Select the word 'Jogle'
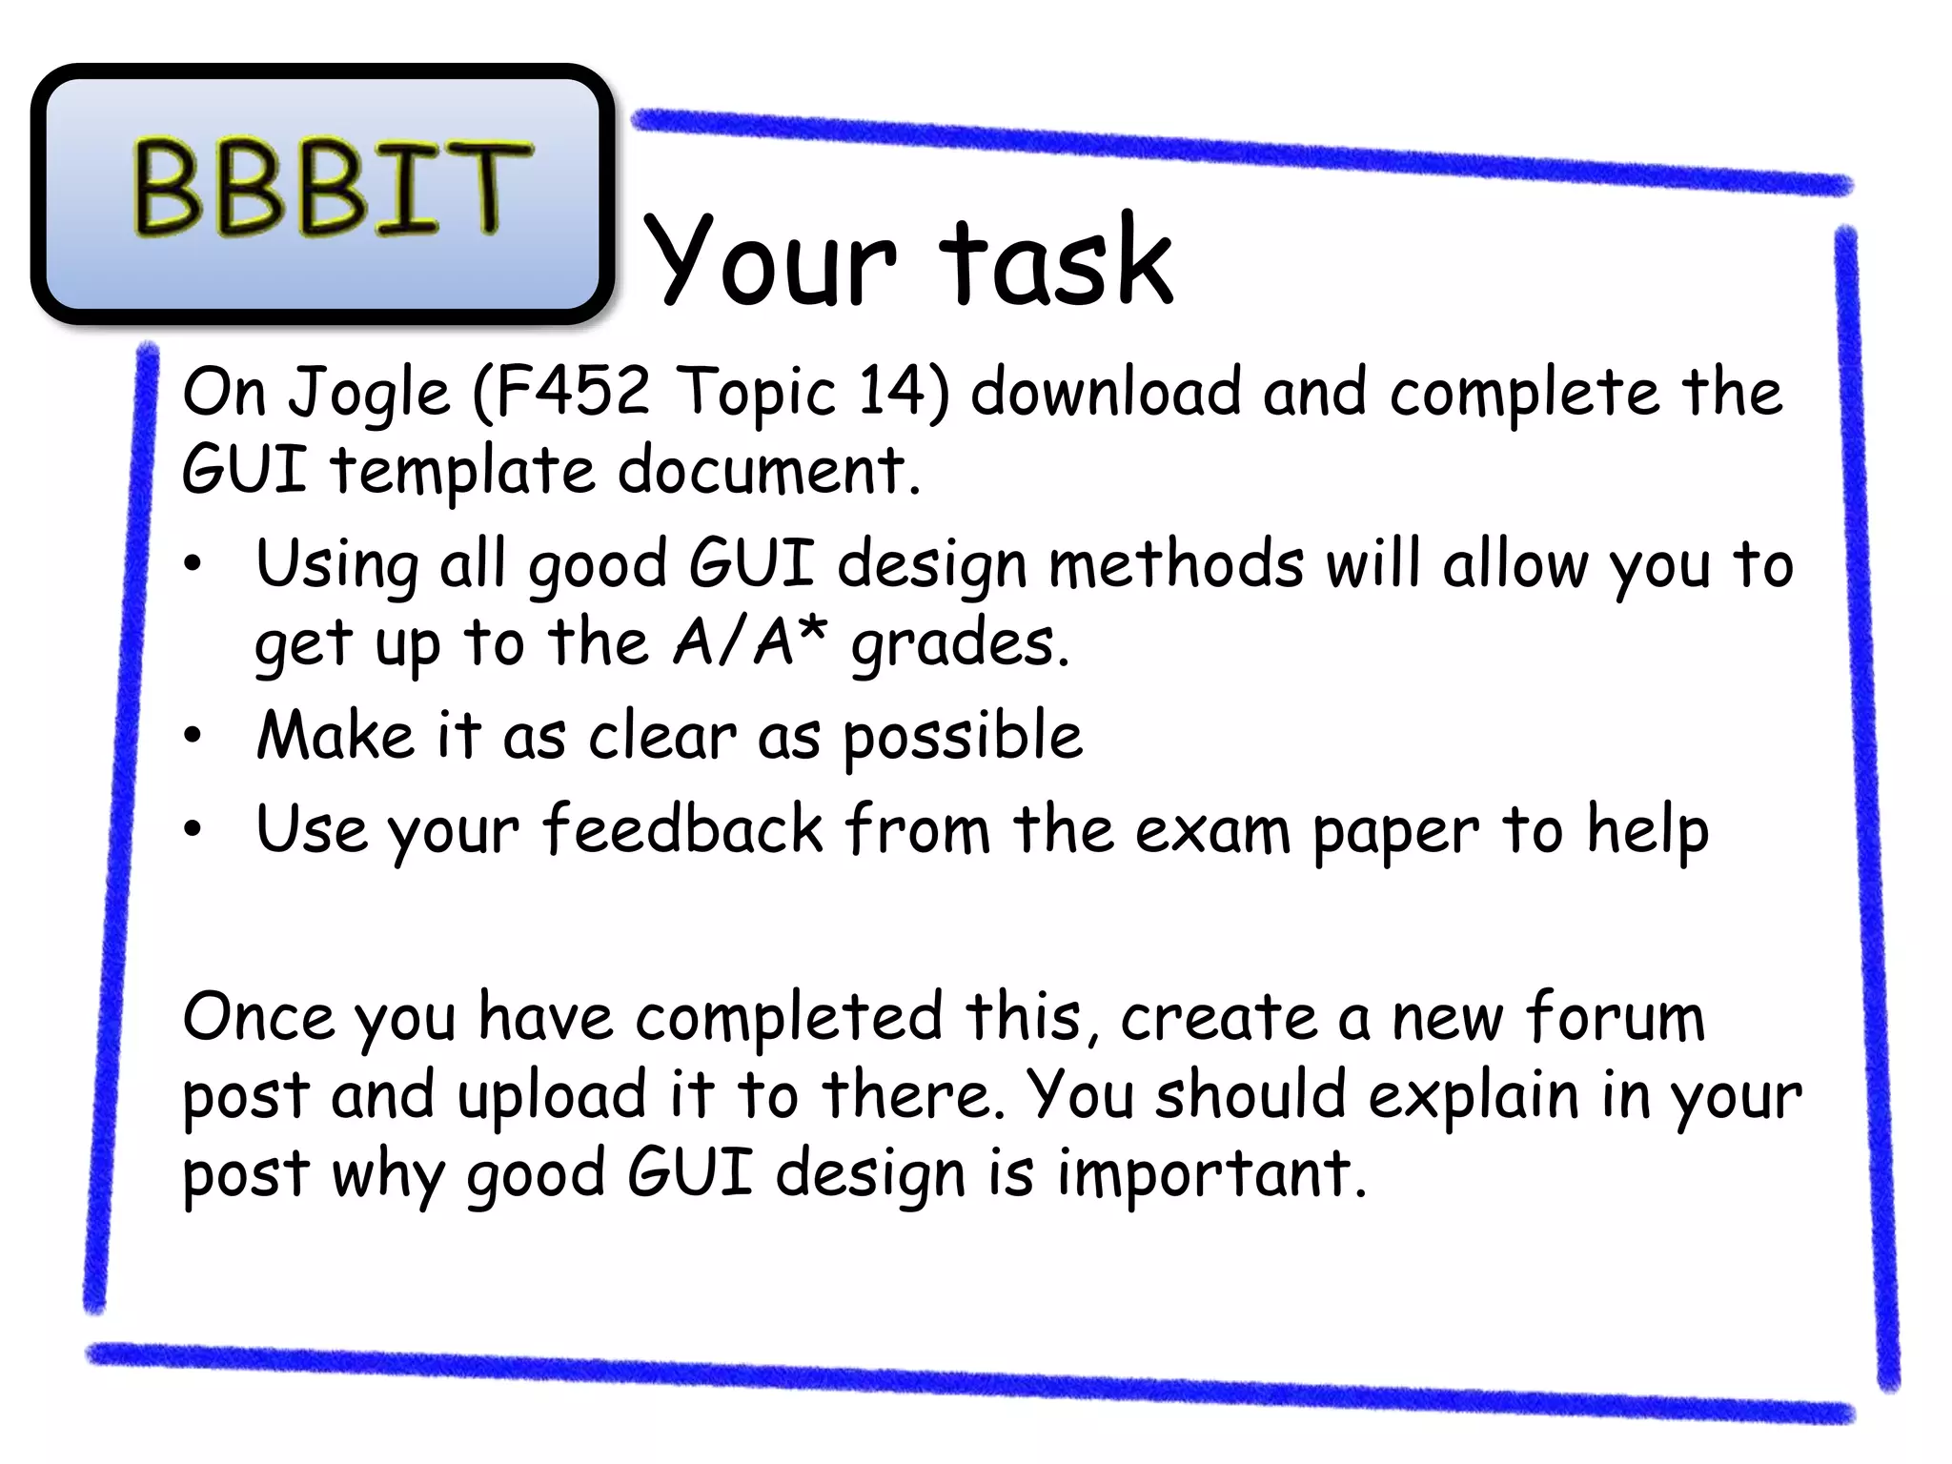(x=369, y=393)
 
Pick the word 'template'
(x=463, y=471)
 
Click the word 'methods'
(x=1175, y=564)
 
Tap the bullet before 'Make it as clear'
(x=193, y=736)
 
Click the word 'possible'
(x=963, y=736)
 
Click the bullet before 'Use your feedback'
(x=193, y=829)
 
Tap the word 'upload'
(x=552, y=1096)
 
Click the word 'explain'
(x=1474, y=1096)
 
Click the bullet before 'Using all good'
(x=193, y=564)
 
